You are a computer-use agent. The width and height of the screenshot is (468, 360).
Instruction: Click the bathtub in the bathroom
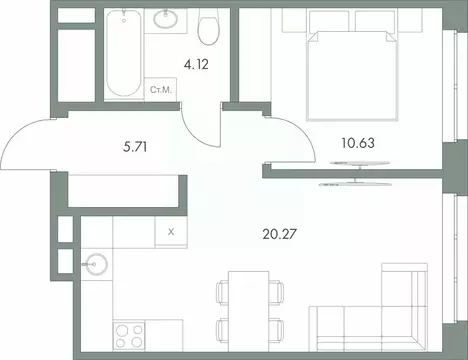click(124, 55)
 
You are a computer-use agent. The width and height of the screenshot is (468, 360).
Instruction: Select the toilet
click(209, 29)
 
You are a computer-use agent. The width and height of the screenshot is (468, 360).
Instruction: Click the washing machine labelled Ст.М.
click(160, 90)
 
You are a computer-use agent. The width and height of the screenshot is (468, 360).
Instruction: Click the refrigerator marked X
click(171, 231)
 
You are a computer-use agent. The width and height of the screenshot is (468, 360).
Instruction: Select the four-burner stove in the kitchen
click(130, 331)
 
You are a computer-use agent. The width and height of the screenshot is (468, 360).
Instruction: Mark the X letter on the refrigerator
click(171, 231)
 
